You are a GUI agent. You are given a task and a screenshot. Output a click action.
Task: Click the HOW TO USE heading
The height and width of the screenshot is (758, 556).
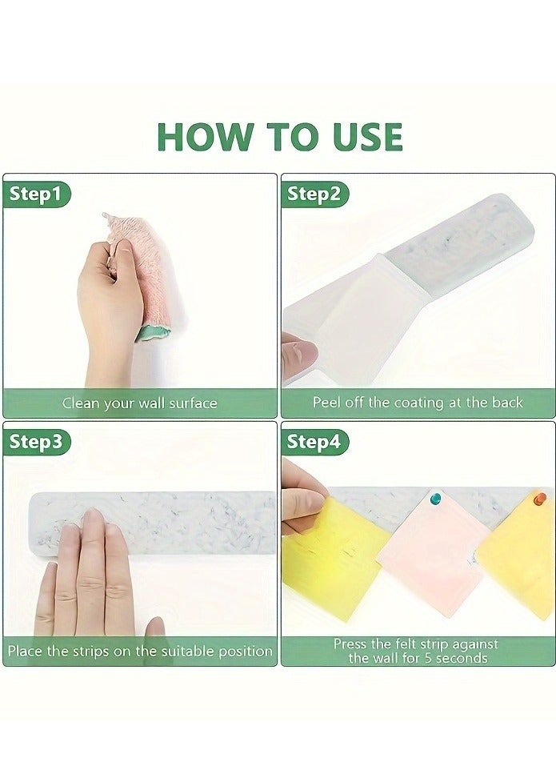(280, 136)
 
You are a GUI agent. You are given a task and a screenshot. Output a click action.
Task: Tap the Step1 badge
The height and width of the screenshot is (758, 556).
(36, 194)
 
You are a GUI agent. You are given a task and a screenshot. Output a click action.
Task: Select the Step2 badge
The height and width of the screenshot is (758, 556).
(314, 194)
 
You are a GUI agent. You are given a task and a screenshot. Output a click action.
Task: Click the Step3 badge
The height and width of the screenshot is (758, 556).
(36, 442)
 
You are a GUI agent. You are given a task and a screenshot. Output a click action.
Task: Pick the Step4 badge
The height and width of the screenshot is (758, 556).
(314, 442)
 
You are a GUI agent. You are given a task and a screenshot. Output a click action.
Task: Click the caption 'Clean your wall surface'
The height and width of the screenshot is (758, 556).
(140, 403)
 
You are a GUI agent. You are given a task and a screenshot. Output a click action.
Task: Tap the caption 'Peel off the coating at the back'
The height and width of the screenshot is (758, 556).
(418, 402)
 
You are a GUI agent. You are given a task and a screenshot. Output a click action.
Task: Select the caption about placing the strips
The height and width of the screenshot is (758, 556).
(140, 651)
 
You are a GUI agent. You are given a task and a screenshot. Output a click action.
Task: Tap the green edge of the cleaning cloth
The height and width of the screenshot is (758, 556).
(154, 333)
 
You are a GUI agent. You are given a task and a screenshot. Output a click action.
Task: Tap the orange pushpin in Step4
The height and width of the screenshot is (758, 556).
(539, 499)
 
